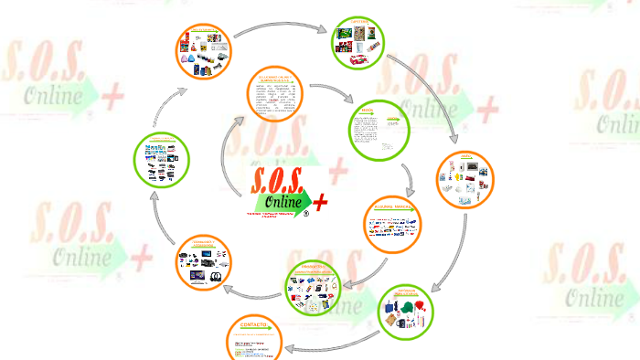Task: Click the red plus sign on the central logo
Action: (x=320, y=201)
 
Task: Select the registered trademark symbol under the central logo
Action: (x=307, y=217)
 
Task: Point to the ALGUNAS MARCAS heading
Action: (x=394, y=207)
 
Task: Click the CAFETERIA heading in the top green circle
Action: (x=357, y=22)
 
